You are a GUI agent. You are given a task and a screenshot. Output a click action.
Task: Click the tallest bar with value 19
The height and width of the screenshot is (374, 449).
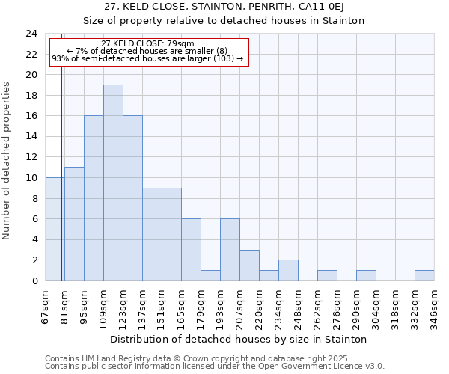pyautogui.click(x=113, y=183)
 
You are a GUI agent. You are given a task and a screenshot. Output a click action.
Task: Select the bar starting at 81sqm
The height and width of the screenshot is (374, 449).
pyautogui.click(x=74, y=224)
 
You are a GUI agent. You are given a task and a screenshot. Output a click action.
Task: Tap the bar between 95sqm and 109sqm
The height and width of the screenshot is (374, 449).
pyautogui.click(x=94, y=198)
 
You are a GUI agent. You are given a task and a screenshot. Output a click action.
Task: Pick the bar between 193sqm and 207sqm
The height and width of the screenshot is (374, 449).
pyautogui.click(x=230, y=250)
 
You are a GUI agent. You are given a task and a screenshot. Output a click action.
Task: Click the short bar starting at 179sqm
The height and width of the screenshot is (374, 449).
pyautogui.click(x=210, y=275)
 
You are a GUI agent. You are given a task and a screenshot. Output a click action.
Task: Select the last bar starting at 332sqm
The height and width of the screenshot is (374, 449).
pyautogui.click(x=424, y=275)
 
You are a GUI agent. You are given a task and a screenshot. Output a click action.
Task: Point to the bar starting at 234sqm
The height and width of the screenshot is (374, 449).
pyautogui.click(x=288, y=270)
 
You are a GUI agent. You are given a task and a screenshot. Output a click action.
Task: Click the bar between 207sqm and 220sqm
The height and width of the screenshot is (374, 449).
pyautogui.click(x=249, y=266)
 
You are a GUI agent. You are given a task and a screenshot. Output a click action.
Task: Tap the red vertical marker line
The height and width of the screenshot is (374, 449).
pyautogui.click(x=61, y=187)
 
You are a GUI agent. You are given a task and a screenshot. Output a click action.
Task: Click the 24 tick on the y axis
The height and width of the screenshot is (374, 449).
pyautogui.click(x=31, y=34)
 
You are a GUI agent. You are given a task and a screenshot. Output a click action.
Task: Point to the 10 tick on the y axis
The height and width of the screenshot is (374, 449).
pyautogui.click(x=31, y=178)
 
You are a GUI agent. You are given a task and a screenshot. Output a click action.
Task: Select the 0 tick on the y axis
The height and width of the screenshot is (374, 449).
pyautogui.click(x=34, y=281)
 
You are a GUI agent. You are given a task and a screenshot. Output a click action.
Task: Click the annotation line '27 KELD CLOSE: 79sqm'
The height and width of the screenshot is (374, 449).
pyautogui.click(x=147, y=43)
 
